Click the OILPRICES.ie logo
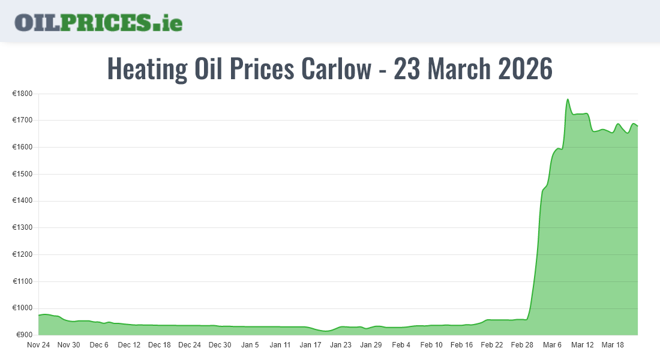98,22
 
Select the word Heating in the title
147,69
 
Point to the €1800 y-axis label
23,94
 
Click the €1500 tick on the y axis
23,175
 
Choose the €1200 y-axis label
23,255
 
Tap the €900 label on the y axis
25,335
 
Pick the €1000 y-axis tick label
23,308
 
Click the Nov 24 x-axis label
38,345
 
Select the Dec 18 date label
159,345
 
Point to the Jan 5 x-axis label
250,345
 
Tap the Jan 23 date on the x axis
341,345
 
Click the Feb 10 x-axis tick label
431,345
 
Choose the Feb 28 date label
522,345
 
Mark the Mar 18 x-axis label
613,345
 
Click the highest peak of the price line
568,100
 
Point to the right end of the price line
638,126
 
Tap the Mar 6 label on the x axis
552,345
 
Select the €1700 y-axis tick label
23,121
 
